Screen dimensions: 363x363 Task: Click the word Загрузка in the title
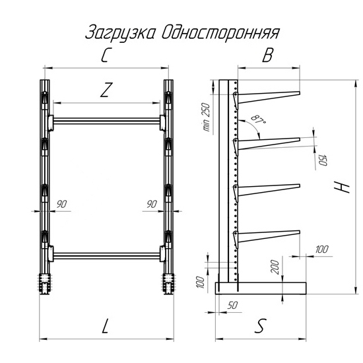[x=120, y=33]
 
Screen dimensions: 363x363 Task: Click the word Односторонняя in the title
[x=220, y=32]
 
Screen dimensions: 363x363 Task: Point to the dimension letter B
[x=267, y=55]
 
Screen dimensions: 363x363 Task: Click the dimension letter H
[x=342, y=187]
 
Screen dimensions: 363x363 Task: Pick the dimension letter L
[x=106, y=326]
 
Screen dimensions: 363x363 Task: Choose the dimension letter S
[x=261, y=326]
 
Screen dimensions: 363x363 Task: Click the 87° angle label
[x=258, y=119]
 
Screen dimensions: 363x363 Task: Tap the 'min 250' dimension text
[x=206, y=117]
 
